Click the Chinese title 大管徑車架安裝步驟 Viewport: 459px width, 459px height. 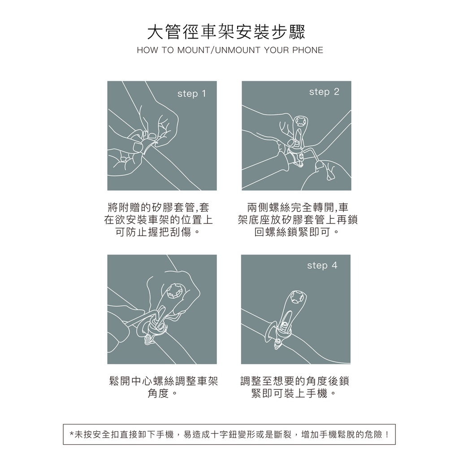pyautogui.click(x=226, y=32)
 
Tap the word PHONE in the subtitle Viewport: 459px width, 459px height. pyautogui.click(x=307, y=50)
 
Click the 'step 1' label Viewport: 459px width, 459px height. pyautogui.click(x=192, y=94)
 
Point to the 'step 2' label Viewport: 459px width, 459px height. pyautogui.click(x=324, y=92)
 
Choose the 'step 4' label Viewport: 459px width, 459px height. pyautogui.click(x=322, y=265)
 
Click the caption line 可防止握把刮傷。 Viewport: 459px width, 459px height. pyautogui.click(x=158, y=232)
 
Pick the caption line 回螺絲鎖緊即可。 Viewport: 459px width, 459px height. pyautogui.click(x=297, y=232)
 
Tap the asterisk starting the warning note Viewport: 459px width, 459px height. pyautogui.click(x=72, y=434)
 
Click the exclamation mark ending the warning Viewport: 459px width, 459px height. pyautogui.click(x=387, y=434)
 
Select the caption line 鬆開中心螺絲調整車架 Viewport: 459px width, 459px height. pyautogui.click(x=163, y=381)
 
